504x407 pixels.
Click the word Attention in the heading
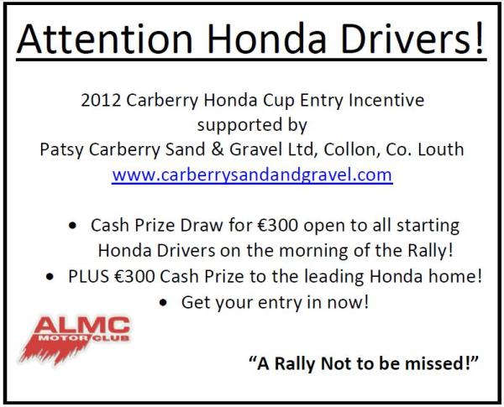(105, 39)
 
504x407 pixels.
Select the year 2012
(101, 100)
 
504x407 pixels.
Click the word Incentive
(386, 100)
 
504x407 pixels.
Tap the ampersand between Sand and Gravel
(218, 149)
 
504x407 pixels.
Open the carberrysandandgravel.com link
(252, 175)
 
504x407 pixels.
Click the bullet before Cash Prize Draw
(73, 226)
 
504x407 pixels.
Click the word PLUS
(88, 276)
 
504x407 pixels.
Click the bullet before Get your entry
(163, 302)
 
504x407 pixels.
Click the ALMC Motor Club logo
(75, 340)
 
